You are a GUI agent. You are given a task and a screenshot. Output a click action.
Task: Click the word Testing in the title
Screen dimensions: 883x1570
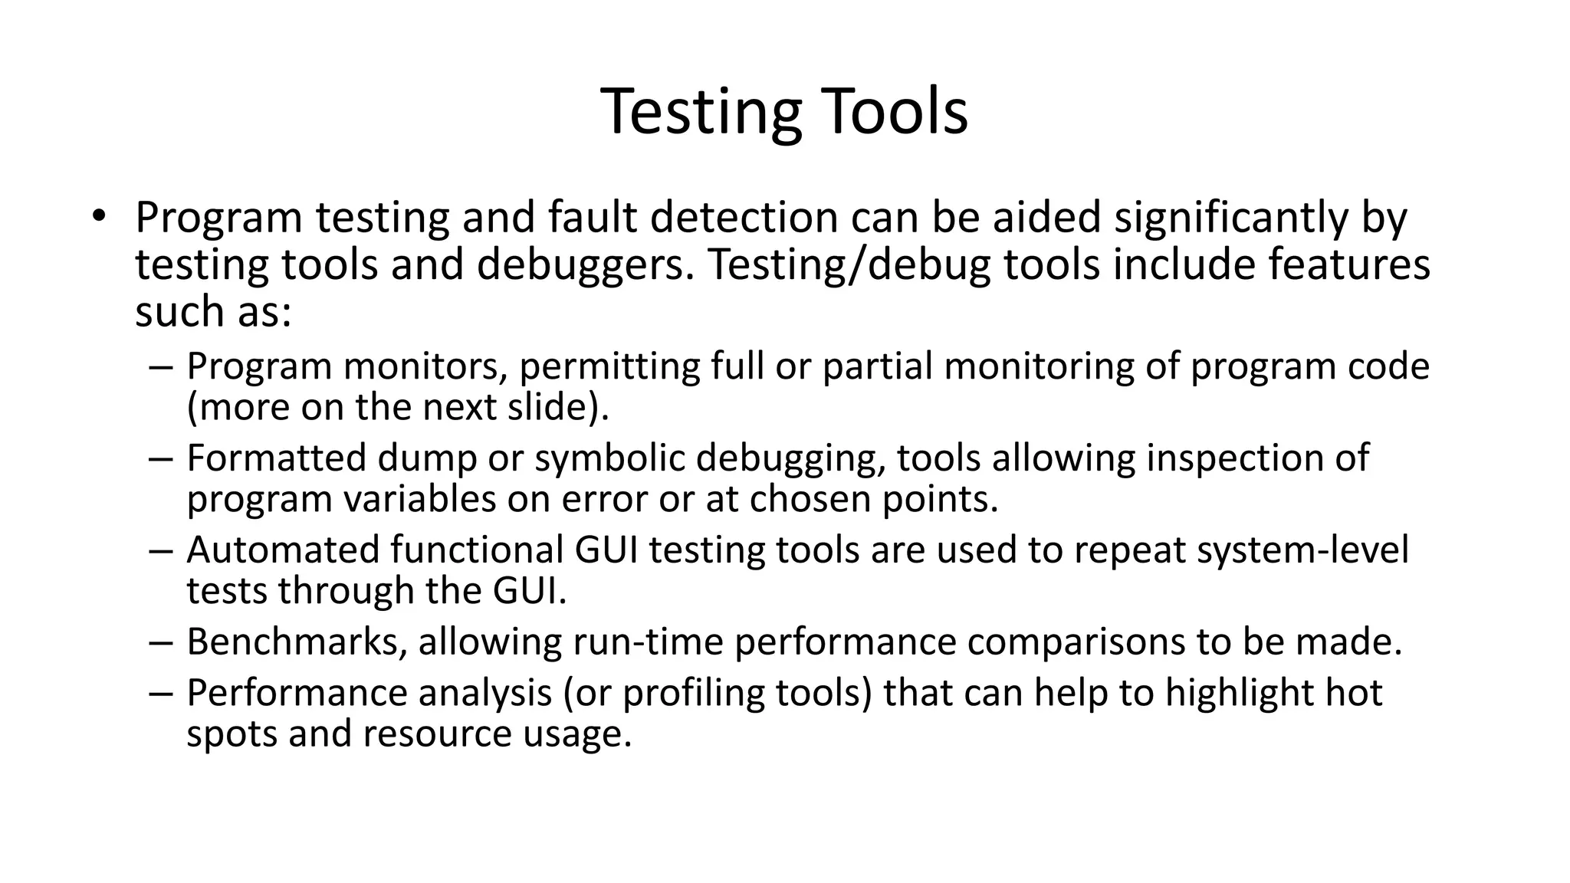click(x=700, y=113)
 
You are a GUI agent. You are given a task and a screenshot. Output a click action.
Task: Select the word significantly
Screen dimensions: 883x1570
click(x=1230, y=218)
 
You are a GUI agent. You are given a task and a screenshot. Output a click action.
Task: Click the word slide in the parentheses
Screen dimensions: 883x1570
click(x=546, y=407)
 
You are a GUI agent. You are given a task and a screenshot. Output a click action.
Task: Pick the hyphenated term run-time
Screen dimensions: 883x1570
click(x=648, y=642)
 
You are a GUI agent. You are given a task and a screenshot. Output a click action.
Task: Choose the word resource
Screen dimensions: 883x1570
click(x=437, y=734)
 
